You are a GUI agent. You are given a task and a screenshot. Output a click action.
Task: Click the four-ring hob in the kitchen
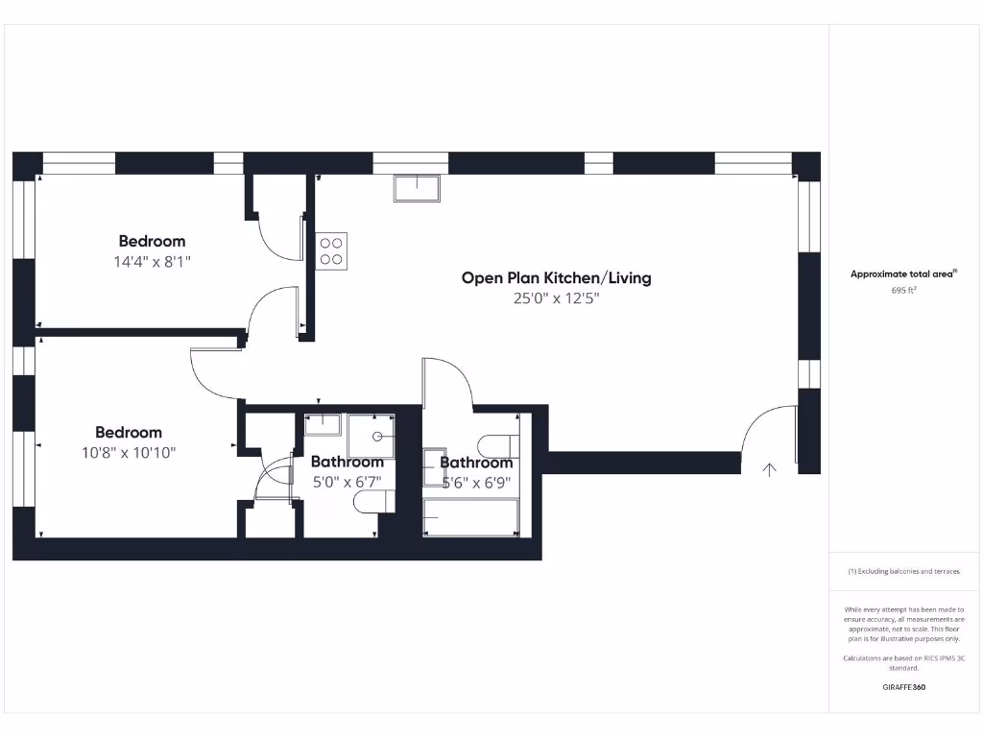332,250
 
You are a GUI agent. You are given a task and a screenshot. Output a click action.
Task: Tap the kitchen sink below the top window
416,188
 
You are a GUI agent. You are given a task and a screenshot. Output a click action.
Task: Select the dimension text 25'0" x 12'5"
557,298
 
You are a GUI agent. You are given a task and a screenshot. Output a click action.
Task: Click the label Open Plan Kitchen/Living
556,277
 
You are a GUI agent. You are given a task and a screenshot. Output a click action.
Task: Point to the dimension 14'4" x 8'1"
153,261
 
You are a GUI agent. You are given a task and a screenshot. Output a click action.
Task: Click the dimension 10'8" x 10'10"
129,452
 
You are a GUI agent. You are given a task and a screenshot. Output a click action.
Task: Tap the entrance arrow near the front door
769,469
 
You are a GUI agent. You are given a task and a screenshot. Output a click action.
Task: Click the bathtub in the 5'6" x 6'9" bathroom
470,517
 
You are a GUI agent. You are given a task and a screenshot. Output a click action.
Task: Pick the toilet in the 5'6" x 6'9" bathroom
500,446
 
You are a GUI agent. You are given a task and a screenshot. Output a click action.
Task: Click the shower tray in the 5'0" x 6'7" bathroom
371,437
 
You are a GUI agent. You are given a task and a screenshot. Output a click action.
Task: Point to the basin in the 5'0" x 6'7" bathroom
323,424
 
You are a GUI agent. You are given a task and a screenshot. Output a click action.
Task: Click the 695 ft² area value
903,289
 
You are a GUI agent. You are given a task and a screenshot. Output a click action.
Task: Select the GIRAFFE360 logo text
903,687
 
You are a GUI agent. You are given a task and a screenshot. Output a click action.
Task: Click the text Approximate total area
901,273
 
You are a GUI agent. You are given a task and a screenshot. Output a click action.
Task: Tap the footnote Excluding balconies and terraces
903,571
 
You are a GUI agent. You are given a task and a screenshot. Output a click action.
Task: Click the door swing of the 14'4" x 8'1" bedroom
272,312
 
